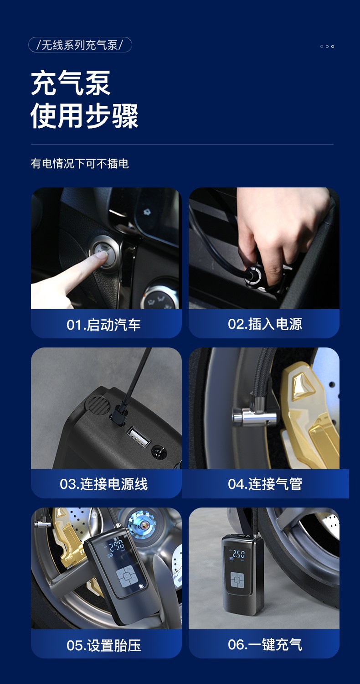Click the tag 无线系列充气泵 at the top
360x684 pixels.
pyautogui.click(x=80, y=45)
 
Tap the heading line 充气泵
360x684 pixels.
pyautogui.click(x=71, y=83)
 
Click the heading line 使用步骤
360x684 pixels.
pyautogui.click(x=84, y=116)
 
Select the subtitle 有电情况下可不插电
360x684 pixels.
pyautogui.click(x=80, y=164)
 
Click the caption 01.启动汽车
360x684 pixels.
pyautogui.click(x=104, y=325)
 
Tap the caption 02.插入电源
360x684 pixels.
pyautogui.click(x=265, y=324)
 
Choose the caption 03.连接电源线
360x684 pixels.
pyautogui.click(x=104, y=484)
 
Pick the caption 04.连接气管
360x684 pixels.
pyautogui.click(x=265, y=484)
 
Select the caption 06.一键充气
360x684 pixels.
pyautogui.click(x=265, y=645)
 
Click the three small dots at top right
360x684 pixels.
pyautogui.click(x=327, y=47)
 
